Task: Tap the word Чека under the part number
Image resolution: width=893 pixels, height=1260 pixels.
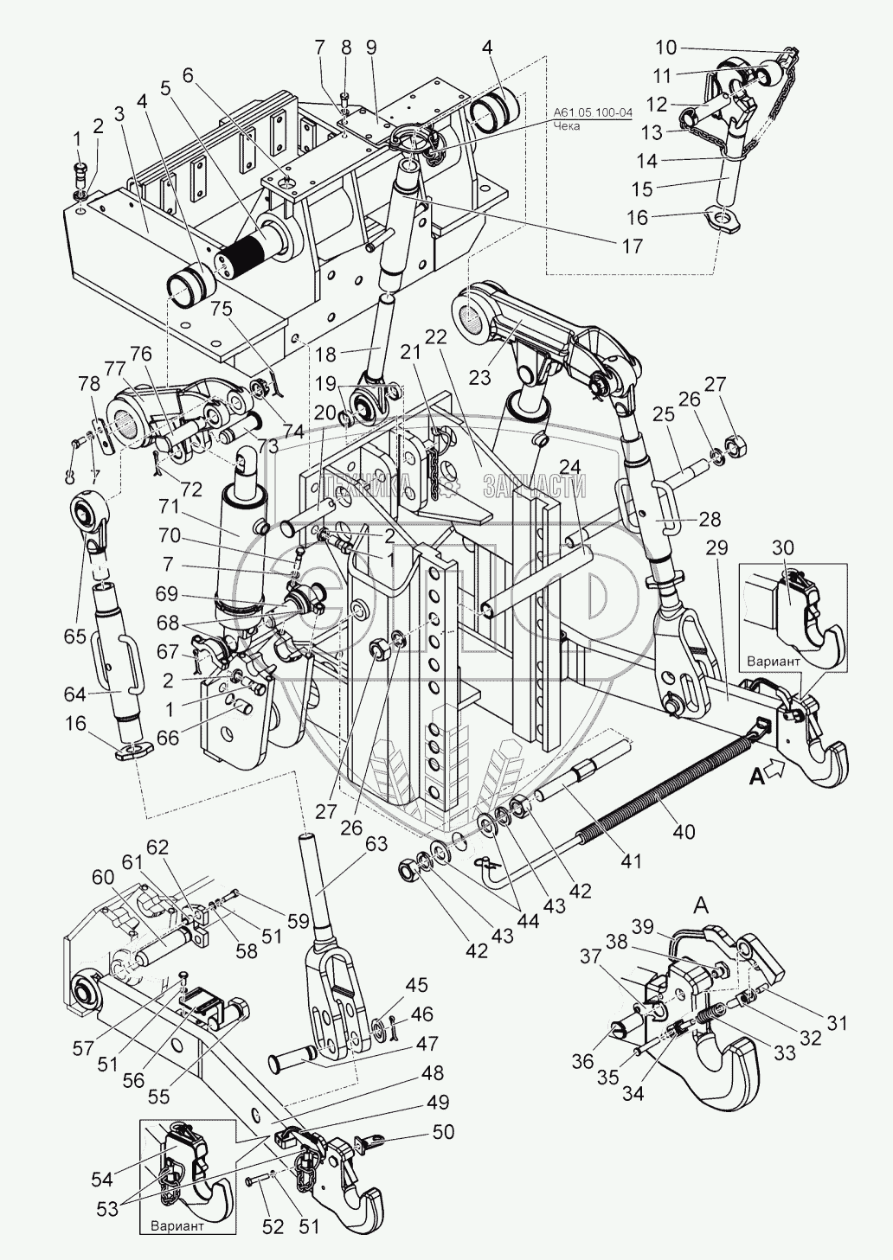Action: click(x=567, y=126)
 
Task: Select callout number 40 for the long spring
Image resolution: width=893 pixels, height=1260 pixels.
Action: click(x=684, y=831)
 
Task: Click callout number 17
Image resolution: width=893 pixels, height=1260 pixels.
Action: click(x=633, y=246)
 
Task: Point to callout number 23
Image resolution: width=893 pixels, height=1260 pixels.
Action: click(x=479, y=377)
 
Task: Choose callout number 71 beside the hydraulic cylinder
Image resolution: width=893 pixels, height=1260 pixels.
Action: click(x=169, y=506)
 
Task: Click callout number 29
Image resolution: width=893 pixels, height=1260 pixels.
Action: click(x=717, y=547)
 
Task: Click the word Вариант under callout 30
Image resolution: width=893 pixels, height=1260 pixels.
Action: click(x=773, y=662)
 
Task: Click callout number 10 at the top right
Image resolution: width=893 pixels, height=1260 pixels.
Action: click(x=665, y=48)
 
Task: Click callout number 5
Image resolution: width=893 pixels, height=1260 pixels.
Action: click(x=165, y=87)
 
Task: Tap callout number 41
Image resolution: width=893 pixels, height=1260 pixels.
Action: click(x=630, y=861)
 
